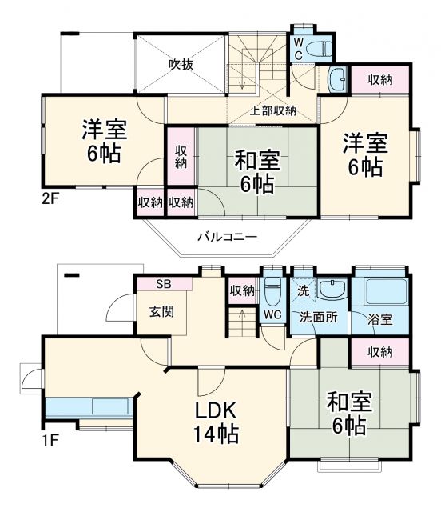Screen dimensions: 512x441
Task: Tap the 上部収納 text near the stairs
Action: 273,111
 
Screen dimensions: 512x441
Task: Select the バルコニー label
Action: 227,237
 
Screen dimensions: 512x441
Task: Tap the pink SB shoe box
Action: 163,284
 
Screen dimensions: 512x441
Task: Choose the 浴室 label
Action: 380,319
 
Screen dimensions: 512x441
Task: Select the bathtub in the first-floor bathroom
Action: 380,291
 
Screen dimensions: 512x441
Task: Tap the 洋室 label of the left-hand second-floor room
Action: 101,139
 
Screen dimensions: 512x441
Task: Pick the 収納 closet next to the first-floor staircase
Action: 241,290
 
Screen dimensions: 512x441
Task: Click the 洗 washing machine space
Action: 303,289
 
